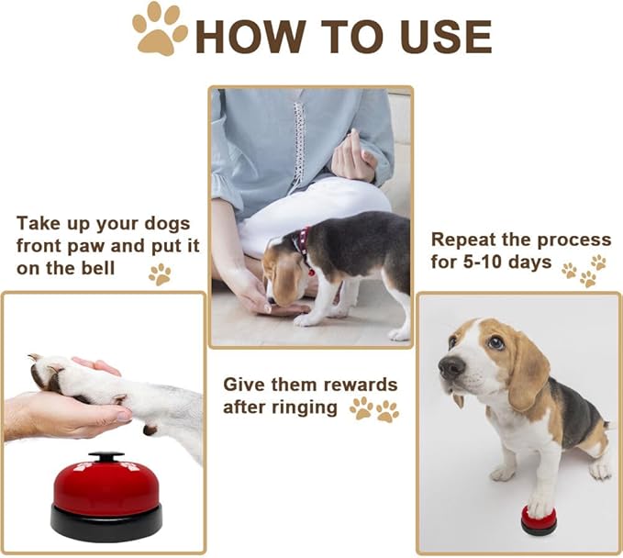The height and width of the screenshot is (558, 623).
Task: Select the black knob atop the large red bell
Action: (107, 456)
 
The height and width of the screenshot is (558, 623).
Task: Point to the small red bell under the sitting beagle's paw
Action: (539, 519)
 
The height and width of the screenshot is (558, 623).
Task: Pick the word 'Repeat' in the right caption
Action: (463, 240)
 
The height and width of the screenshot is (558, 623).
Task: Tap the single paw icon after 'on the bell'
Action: (160, 273)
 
